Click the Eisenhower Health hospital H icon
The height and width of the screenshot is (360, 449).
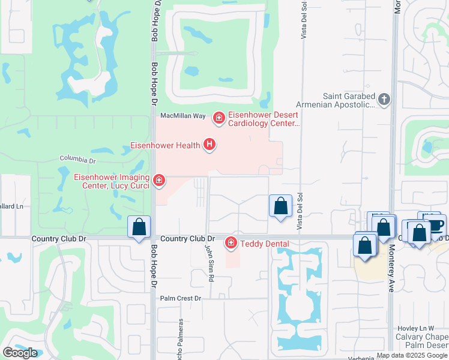pos(209,145)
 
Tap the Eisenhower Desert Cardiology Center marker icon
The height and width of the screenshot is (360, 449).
pos(219,118)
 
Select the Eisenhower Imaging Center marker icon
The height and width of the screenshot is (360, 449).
pos(158,180)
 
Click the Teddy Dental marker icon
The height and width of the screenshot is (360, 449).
pos(231,243)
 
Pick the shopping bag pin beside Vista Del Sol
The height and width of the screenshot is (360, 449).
pos(280,206)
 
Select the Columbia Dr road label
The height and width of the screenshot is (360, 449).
pos(77,160)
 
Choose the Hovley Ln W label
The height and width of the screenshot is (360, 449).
pos(415,328)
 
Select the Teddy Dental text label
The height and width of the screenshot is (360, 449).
pos(265,244)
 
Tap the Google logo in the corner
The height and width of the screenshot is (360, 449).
pos(20,352)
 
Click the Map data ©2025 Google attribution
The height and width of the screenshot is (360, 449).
pos(412,355)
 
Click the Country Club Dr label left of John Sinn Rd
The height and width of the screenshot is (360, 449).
pos(188,238)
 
